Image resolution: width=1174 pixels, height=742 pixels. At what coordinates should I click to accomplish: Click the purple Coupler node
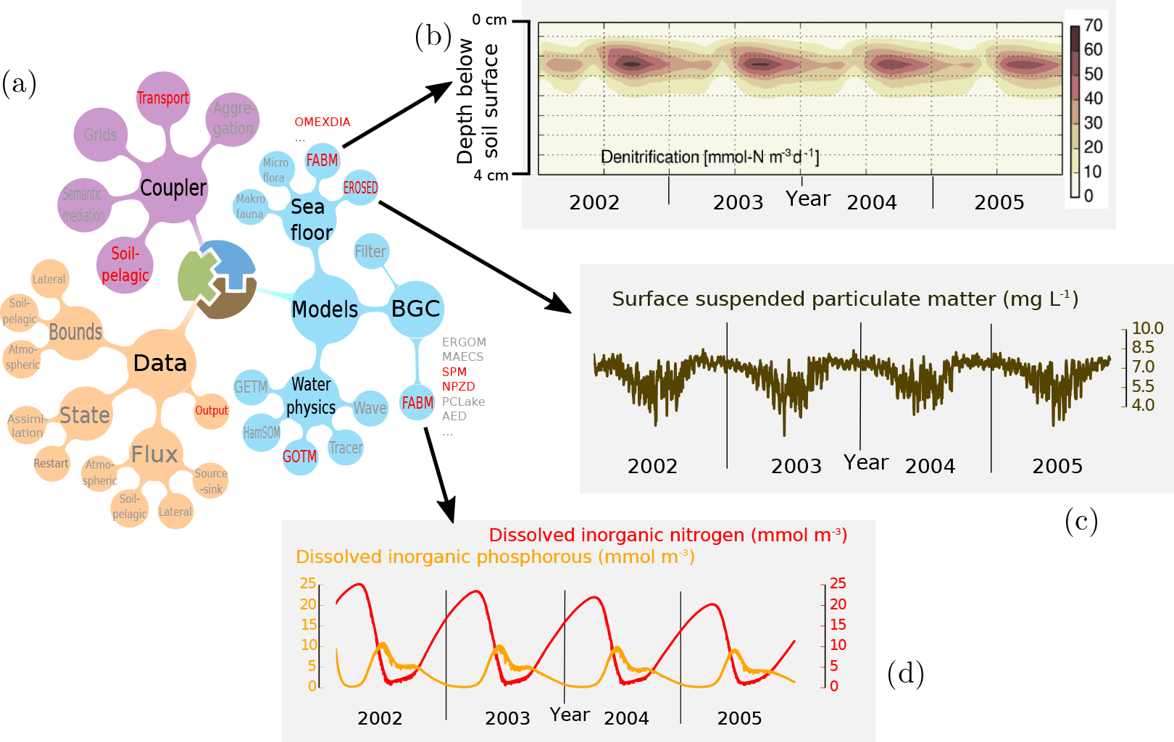173,188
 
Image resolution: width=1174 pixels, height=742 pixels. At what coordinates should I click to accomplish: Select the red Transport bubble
163,98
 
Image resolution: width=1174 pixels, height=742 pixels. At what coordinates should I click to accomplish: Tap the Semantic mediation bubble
84,205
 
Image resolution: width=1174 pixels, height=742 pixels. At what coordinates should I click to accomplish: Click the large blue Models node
325,309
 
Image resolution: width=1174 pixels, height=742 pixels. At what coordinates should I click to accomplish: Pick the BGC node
416,309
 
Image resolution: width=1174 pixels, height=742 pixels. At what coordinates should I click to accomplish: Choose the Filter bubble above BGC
370,251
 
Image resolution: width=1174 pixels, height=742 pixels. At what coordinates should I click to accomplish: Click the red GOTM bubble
300,457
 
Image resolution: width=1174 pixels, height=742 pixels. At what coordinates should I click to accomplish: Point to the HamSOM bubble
262,433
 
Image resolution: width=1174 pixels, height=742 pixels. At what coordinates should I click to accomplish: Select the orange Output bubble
211,411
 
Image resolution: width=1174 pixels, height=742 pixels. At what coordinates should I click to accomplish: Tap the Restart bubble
51,463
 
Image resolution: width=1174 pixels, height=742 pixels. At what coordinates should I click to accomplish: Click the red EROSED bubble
361,188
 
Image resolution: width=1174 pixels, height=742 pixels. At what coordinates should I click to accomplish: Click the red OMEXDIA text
322,122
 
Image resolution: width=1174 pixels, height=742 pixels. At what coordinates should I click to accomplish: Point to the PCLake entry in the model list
463,402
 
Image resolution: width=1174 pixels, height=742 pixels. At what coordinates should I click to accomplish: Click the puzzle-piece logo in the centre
217,279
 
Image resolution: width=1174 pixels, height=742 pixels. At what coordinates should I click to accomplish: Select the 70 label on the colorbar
1094,25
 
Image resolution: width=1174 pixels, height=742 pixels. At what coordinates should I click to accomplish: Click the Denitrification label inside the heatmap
709,157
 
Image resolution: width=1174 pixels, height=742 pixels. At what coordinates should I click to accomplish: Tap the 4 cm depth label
491,175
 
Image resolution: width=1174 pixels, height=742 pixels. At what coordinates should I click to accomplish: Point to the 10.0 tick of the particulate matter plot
1148,328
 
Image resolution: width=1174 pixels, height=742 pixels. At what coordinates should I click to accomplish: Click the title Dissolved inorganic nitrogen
668,535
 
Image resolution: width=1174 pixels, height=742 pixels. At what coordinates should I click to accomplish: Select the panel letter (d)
906,673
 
